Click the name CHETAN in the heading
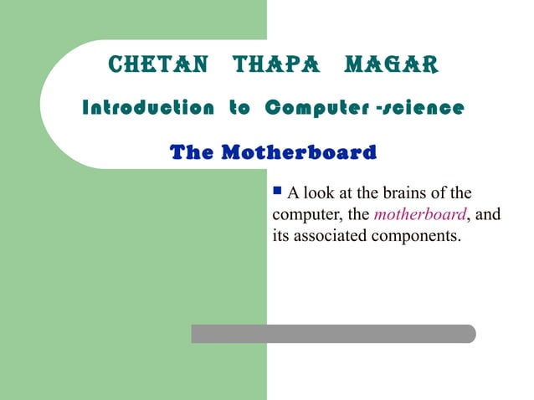pyautogui.click(x=158, y=64)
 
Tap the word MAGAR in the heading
pyautogui.click(x=390, y=64)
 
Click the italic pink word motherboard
pyautogui.click(x=418, y=215)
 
